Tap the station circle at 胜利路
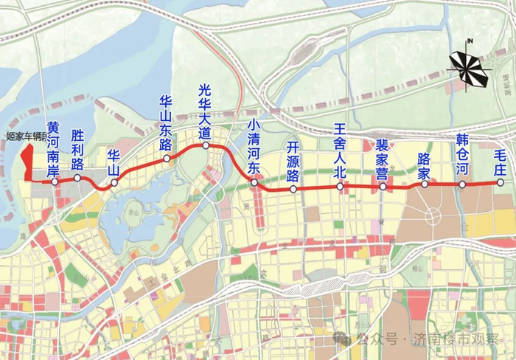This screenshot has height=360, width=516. tap(77, 178)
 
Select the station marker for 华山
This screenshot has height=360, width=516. tap(114, 182)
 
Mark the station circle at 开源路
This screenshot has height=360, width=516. tap(293, 190)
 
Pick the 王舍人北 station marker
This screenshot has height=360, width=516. tap(340, 187)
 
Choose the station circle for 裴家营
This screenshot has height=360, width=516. tap(383, 187)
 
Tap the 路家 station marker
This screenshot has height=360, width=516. tap(425, 184)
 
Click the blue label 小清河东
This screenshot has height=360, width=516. tap(254, 146)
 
